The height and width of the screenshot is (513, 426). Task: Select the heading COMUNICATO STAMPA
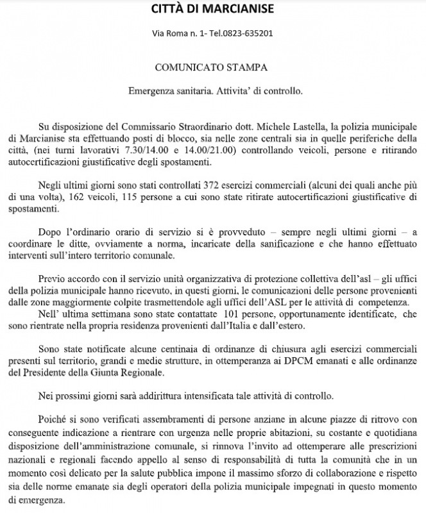click(212, 66)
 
